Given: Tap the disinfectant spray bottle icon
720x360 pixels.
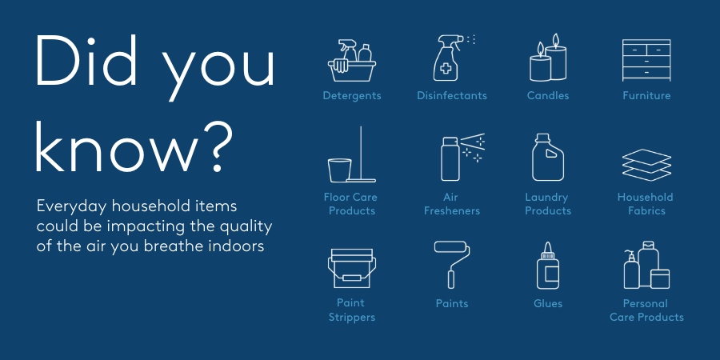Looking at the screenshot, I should (450, 58).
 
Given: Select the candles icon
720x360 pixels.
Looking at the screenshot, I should (548, 60).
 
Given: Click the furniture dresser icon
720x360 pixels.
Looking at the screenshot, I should (646, 58).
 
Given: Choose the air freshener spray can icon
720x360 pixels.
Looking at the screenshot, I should (460, 158).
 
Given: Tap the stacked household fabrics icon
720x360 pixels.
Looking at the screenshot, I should (646, 163).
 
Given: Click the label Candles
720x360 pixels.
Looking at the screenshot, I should (548, 96).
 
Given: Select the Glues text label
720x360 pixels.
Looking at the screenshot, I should (548, 304).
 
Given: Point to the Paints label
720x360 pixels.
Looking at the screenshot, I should (452, 304).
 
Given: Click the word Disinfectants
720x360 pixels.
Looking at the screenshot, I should (451, 96).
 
